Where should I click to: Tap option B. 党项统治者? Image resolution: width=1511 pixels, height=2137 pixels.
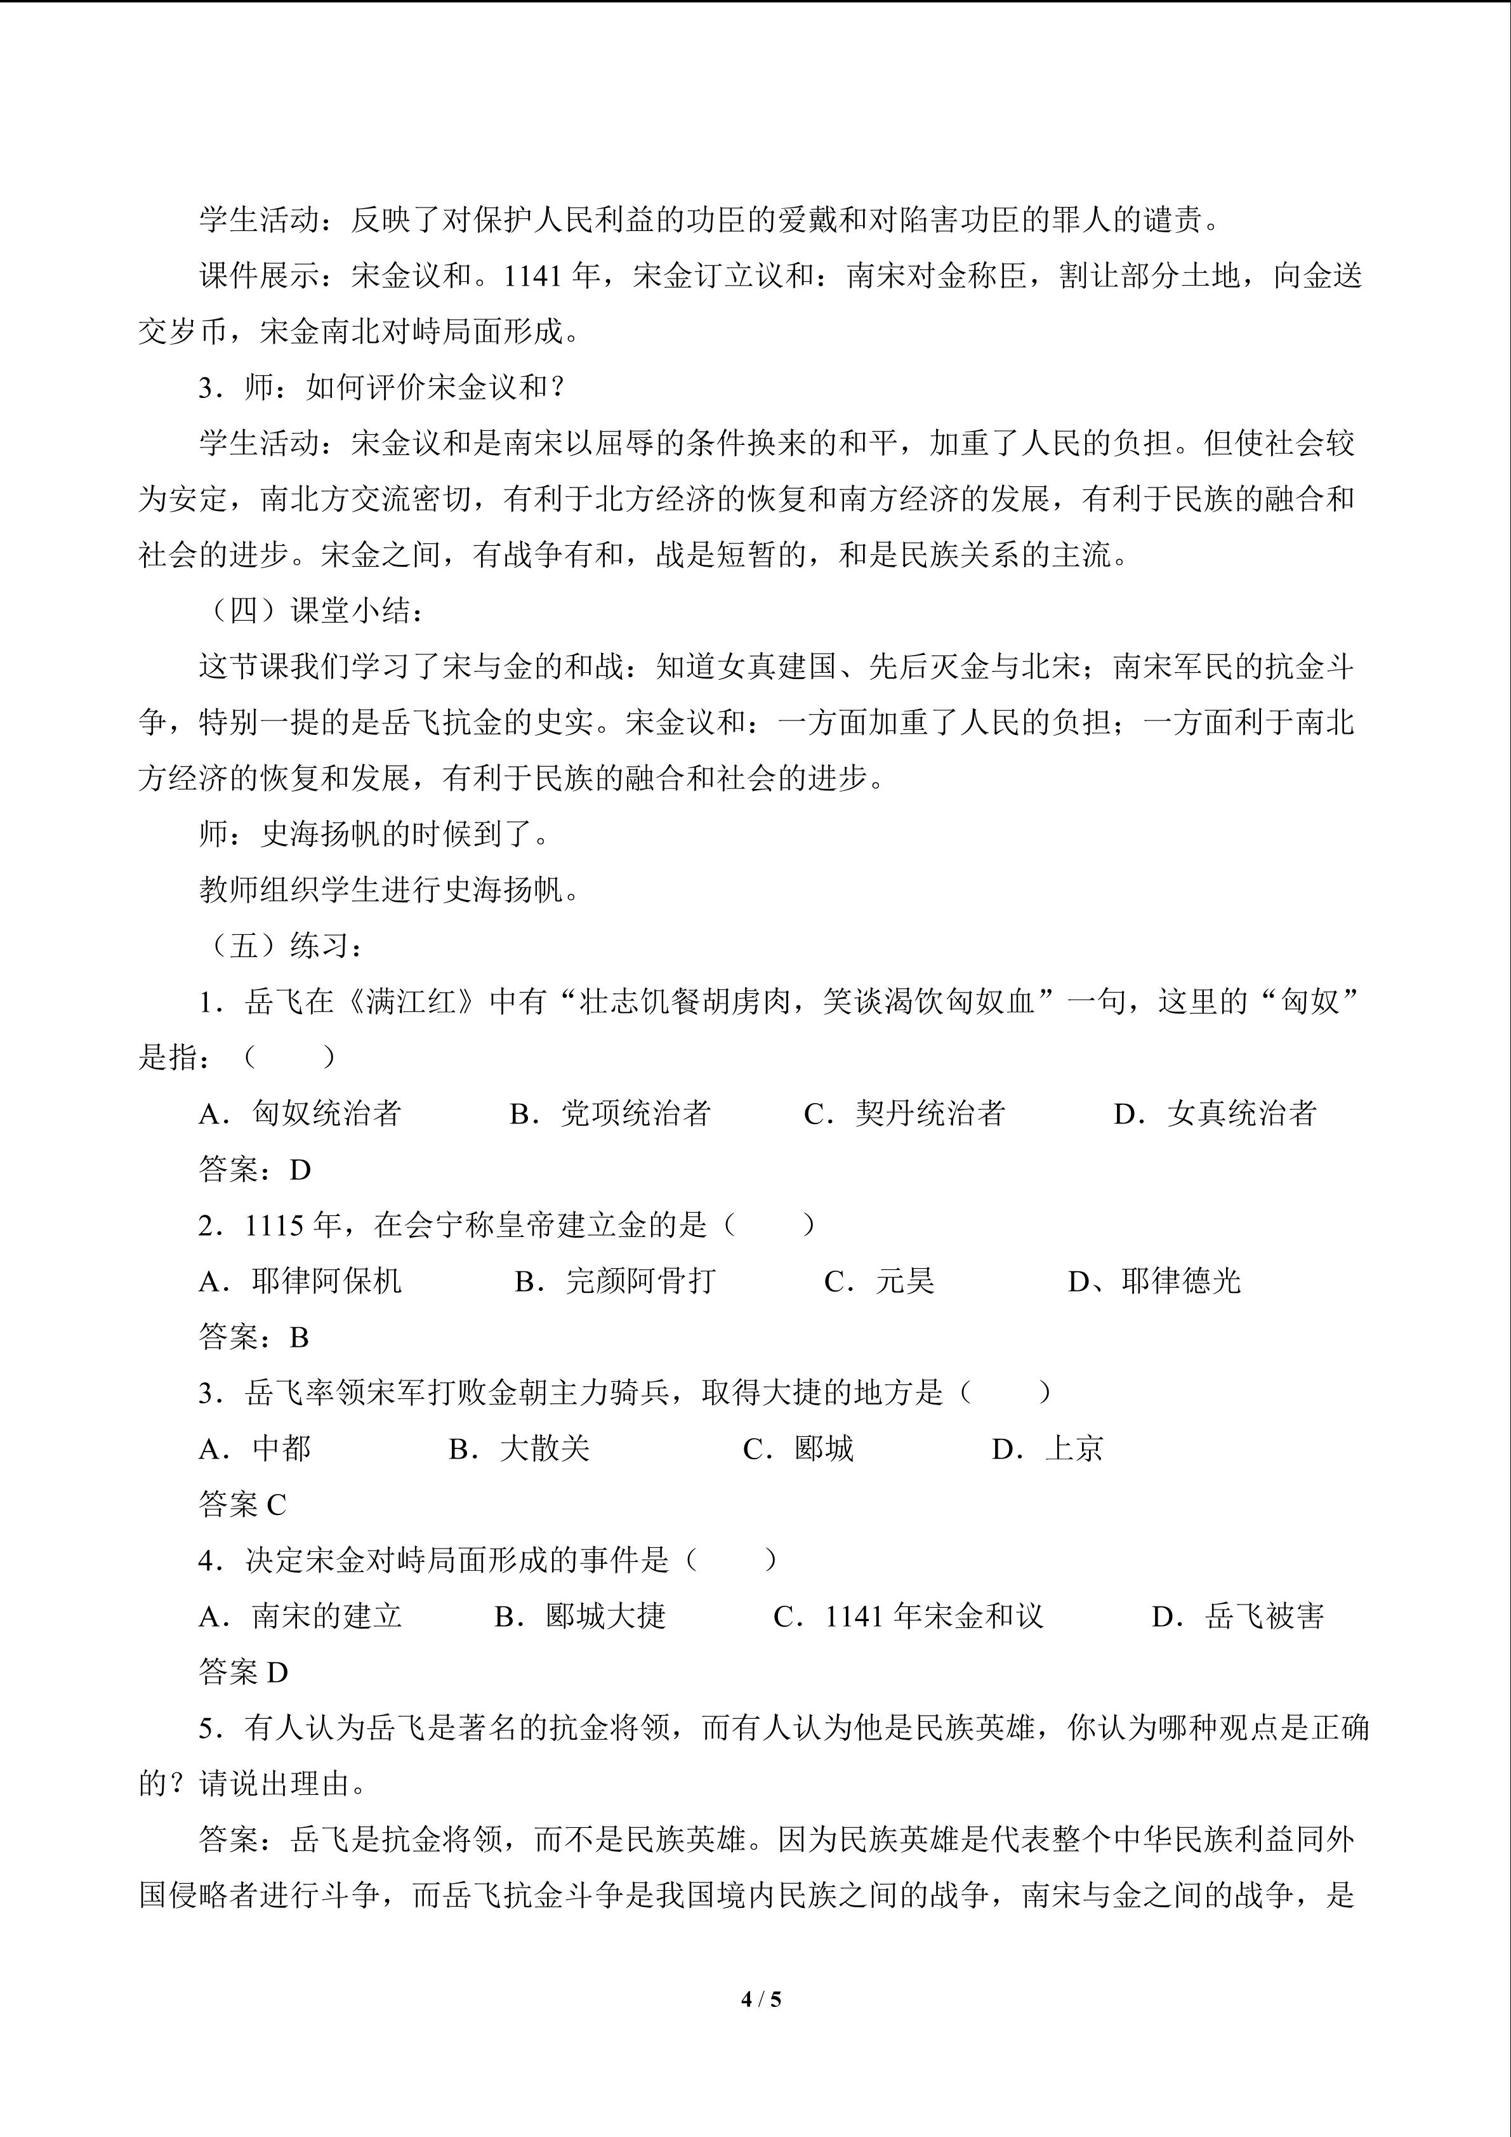click(x=610, y=1113)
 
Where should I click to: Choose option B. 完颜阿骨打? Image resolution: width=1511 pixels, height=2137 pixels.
click(x=615, y=1281)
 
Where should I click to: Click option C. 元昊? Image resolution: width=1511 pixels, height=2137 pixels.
click(x=879, y=1281)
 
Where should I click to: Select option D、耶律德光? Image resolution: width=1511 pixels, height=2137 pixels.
click(x=1154, y=1281)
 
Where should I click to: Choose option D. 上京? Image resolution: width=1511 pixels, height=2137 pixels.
click(x=1048, y=1449)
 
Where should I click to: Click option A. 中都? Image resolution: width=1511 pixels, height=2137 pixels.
click(x=255, y=1449)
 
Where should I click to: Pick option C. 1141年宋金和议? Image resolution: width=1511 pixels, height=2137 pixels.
click(x=908, y=1617)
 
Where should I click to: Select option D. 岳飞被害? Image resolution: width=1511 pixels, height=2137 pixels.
click(x=1237, y=1617)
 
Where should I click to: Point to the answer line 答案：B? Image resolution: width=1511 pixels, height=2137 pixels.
click(x=254, y=1337)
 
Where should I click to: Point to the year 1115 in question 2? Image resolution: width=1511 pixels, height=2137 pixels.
click(x=274, y=1226)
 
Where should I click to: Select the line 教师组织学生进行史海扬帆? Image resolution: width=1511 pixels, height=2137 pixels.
click(x=390, y=890)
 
